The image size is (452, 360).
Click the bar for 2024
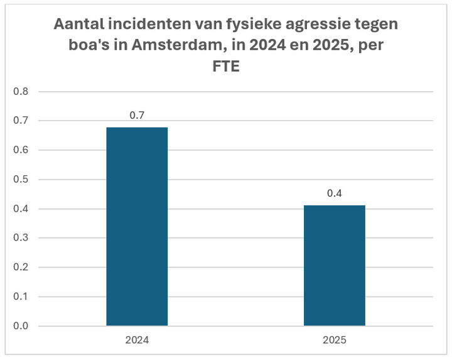[137, 226]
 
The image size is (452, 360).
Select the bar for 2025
[334, 265]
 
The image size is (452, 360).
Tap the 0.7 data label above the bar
[137, 116]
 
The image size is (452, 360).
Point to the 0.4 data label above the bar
[334, 194]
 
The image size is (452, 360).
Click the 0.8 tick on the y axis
[21, 92]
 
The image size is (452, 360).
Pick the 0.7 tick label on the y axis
[21, 121]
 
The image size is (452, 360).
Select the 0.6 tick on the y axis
[21, 150]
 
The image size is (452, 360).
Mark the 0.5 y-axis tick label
[21, 180]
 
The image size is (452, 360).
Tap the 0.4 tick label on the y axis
[21, 209]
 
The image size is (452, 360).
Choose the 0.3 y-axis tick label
[21, 238]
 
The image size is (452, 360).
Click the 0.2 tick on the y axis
[21, 268]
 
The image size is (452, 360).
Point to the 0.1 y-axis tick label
[21, 297]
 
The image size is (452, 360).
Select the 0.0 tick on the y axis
[21, 326]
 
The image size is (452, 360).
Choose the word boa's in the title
[82, 46]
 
